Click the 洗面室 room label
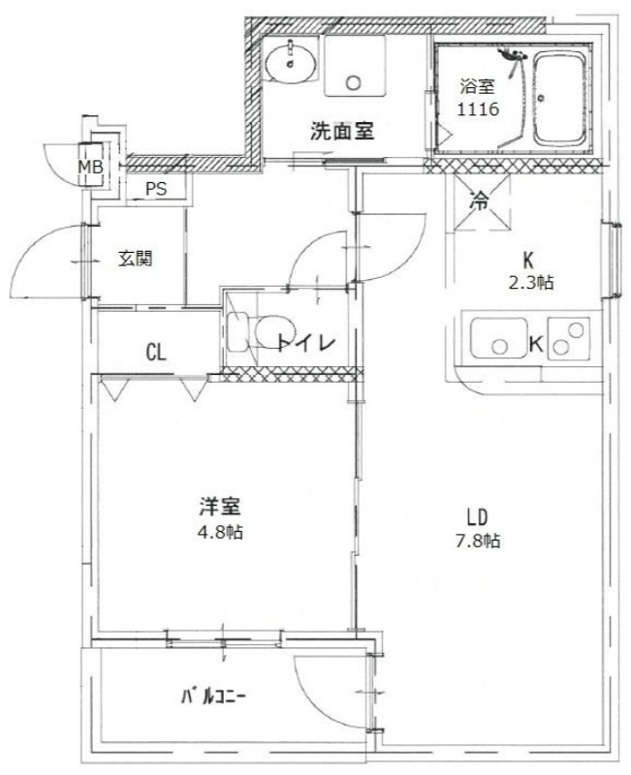click(x=342, y=131)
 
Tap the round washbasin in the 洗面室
click(x=290, y=63)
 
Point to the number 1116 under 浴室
click(x=478, y=110)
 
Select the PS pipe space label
click(x=155, y=189)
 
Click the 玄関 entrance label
click(x=136, y=259)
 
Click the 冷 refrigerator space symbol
click(x=479, y=203)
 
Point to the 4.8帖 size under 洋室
click(x=221, y=532)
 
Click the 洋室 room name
click(x=221, y=507)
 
